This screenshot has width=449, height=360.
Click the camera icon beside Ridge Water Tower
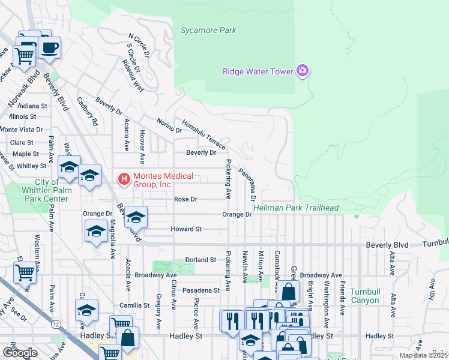[303, 71]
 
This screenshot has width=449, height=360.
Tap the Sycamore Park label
[208, 30]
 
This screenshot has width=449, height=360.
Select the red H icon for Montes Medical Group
[124, 178]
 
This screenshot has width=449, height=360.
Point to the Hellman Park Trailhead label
[296, 208]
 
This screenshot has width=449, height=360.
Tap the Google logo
[20, 353]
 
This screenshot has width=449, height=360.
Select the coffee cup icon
[50, 47]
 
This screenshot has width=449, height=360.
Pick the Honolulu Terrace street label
[204, 133]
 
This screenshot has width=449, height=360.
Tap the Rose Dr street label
[185, 199]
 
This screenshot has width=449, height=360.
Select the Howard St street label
[185, 229]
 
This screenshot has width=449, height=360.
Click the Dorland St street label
[200, 260]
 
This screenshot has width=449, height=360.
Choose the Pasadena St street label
[201, 290]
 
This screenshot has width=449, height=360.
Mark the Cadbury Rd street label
[86, 112]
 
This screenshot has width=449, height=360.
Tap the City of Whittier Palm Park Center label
[34, 190]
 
